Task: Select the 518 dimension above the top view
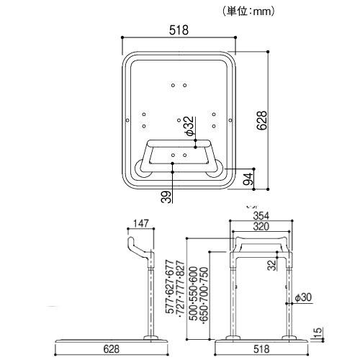click(x=179, y=30)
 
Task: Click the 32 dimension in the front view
click(x=272, y=265)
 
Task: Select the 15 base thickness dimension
click(x=318, y=332)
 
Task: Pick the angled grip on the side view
click(x=138, y=246)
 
